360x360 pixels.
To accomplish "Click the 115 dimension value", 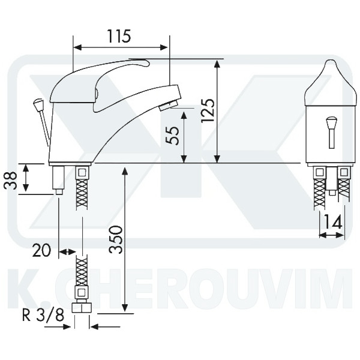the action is pos(119,36).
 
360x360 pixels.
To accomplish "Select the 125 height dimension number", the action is pos(208,110).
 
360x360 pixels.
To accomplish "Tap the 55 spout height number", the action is pos(173,136).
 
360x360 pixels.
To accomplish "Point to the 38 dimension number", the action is pos(11,181).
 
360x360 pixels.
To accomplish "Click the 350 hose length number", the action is pos(115,239).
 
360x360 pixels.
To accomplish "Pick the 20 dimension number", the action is pos(41,250).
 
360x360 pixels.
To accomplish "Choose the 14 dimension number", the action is pos(332,222).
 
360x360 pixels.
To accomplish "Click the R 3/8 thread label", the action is pos(43,316).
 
